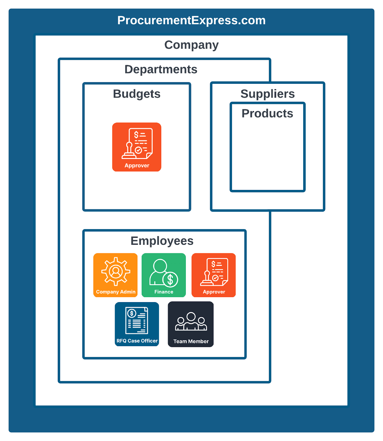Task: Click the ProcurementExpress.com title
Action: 191,20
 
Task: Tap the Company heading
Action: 191,45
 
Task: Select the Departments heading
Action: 161,69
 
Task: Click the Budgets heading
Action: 137,94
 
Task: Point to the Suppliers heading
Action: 267,94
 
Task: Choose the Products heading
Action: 267,114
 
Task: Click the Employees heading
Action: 162,241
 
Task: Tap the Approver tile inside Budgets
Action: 137,147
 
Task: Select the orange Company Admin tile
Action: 115,275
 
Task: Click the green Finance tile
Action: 164,275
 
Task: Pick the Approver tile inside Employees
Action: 214,275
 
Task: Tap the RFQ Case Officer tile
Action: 137,324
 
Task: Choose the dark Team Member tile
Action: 191,324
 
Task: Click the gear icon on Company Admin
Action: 116,271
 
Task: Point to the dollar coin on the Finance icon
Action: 170,279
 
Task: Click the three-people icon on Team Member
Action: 191,321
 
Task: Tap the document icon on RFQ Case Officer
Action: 137,321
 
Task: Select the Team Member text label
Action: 191,341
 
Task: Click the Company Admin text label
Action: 116,292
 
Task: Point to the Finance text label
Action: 164,292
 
